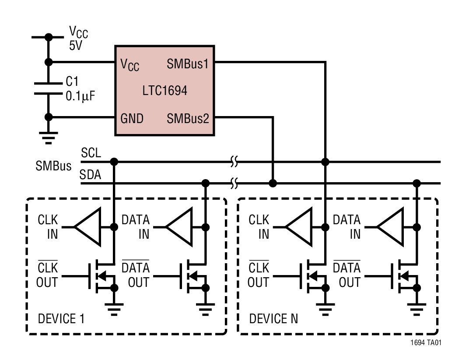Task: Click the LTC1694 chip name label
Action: [x=164, y=91]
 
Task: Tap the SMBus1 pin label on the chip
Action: [x=187, y=64]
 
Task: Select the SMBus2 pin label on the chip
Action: [x=188, y=118]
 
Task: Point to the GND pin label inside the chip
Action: [x=132, y=118]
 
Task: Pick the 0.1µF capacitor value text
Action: [x=80, y=95]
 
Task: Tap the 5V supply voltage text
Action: [x=75, y=46]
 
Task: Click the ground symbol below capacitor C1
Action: [x=49, y=137]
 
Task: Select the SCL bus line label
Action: [x=91, y=153]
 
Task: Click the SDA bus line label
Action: [x=90, y=175]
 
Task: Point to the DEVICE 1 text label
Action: [x=61, y=318]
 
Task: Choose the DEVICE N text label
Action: [x=273, y=318]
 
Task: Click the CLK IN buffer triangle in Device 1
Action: [x=88, y=227]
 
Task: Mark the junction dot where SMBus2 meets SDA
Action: [x=273, y=182]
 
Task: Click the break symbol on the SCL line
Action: [x=234, y=162]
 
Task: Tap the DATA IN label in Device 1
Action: [x=136, y=227]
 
